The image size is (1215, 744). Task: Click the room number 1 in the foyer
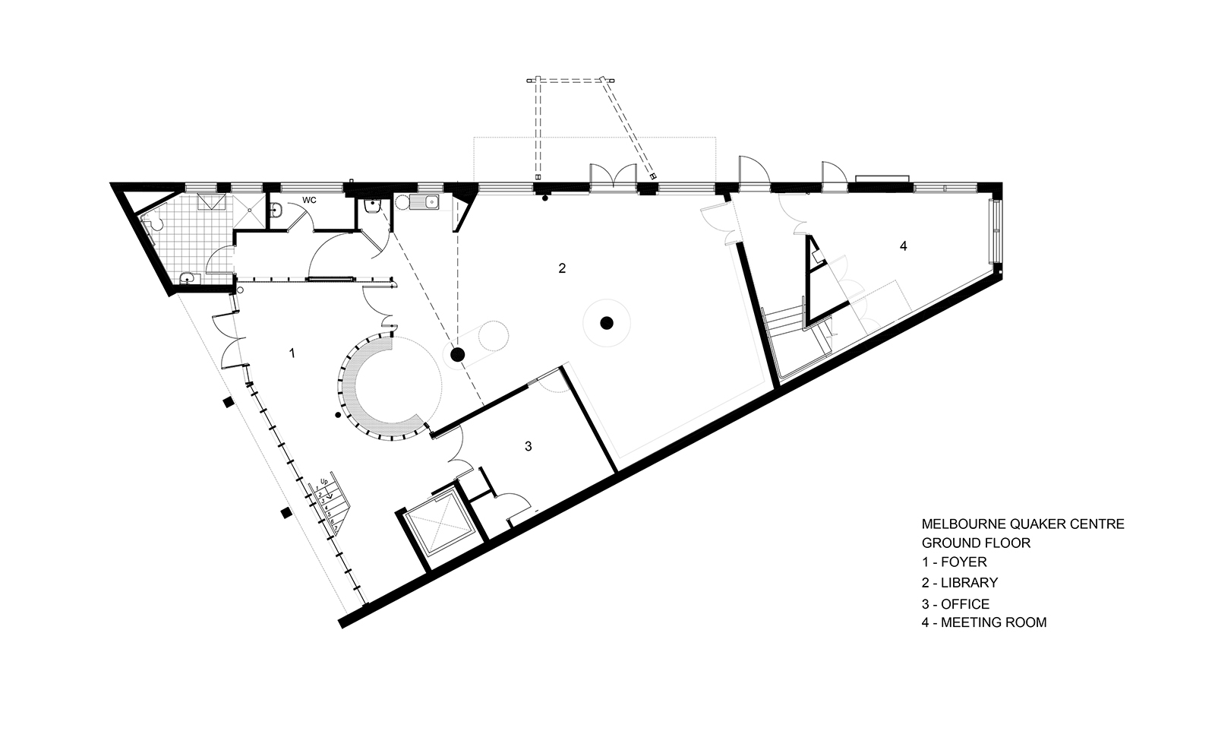[292, 353]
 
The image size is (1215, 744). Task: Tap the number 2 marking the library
[562, 268]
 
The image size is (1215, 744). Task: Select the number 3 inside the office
[529, 446]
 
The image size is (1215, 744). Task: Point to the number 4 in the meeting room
[903, 245]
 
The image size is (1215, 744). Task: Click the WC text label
[309, 200]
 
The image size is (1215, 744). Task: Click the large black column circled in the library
[606, 323]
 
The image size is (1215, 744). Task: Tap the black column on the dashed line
[457, 354]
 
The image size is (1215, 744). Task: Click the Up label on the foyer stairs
[323, 482]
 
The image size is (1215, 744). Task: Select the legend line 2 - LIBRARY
[959, 583]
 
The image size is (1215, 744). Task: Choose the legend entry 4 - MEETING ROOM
[983, 622]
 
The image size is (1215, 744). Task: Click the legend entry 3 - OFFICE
[955, 604]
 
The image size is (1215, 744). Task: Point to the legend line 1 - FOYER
[954, 563]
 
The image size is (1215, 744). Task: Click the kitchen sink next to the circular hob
[425, 202]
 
